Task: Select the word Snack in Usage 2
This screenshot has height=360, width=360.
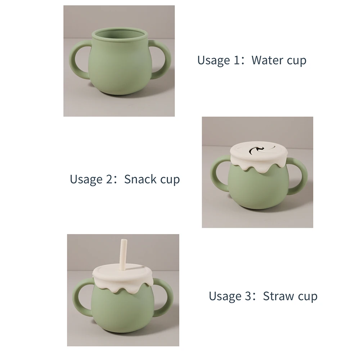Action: pyautogui.click(x=140, y=179)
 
